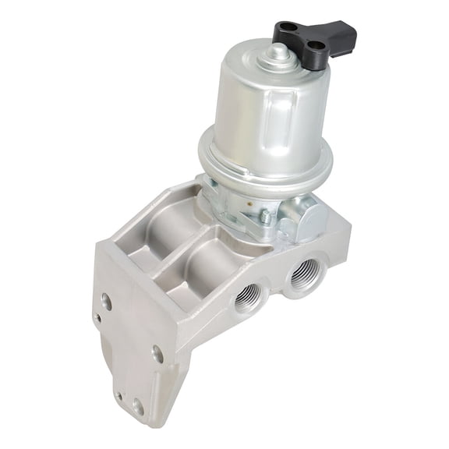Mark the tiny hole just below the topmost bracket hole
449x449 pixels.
coord(97,318)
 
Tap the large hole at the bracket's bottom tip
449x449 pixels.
coord(138,406)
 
